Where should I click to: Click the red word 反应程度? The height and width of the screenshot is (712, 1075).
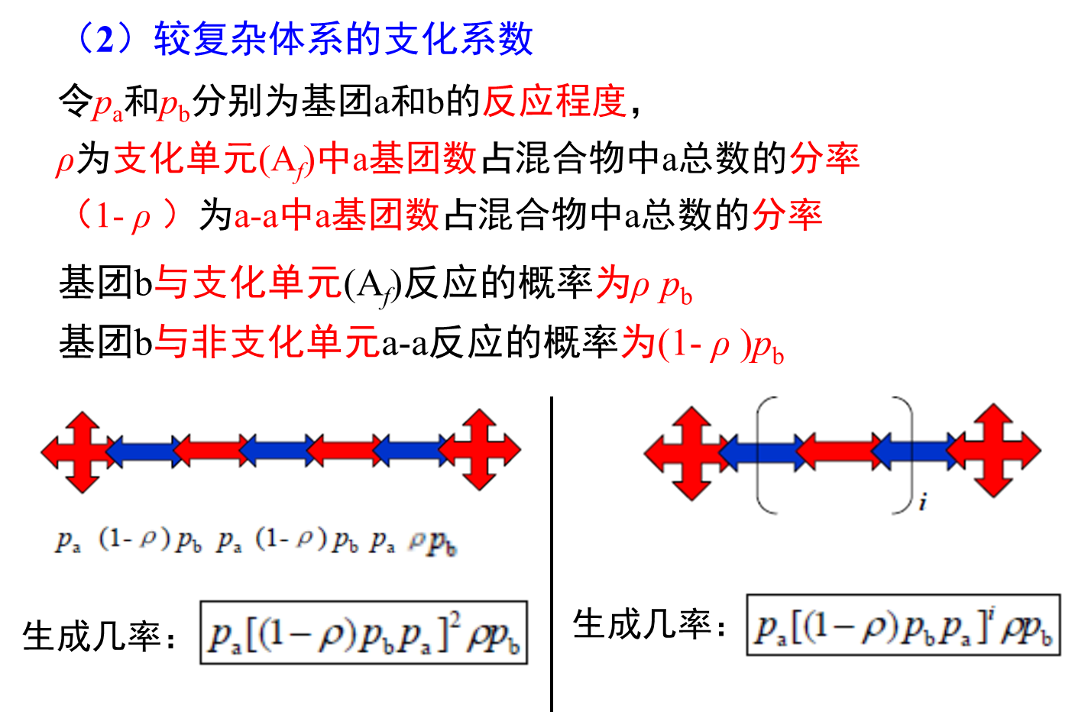[554, 101]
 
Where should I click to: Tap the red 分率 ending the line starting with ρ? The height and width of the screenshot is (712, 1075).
[824, 158]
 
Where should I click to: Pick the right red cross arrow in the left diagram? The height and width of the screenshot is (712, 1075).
[481, 450]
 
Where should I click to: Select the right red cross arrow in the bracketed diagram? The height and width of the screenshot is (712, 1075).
[995, 451]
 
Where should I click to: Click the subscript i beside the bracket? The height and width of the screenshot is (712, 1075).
[923, 503]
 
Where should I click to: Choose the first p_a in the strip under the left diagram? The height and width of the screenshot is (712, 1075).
[66, 541]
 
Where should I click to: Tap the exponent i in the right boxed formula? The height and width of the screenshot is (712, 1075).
[991, 613]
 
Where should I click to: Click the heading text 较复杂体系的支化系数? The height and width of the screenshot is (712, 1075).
[343, 38]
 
